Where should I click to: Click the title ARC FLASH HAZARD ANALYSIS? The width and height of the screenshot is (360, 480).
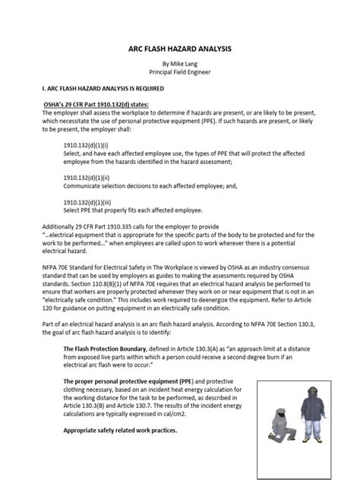179,47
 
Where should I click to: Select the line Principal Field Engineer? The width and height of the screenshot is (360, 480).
179,75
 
